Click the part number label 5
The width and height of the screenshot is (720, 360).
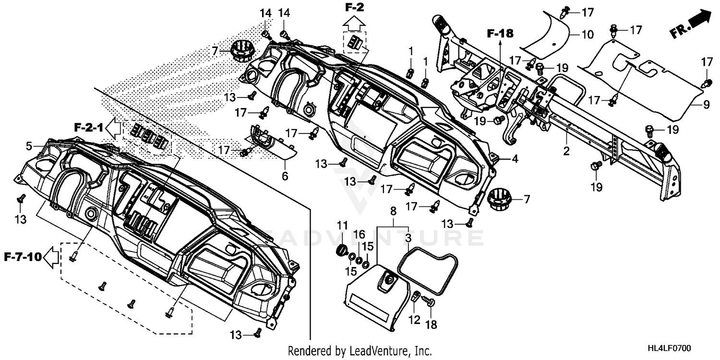(29, 145)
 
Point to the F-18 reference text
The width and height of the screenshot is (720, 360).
(500, 34)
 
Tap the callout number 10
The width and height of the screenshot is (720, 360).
(587, 35)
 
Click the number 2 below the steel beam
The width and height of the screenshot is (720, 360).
(566, 152)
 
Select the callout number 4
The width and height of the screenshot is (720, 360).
(515, 158)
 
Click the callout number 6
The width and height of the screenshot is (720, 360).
(285, 176)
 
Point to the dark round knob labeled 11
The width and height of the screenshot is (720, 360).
(342, 250)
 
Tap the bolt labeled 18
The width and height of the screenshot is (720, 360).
(429, 301)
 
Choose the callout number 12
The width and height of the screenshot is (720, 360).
(413, 319)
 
